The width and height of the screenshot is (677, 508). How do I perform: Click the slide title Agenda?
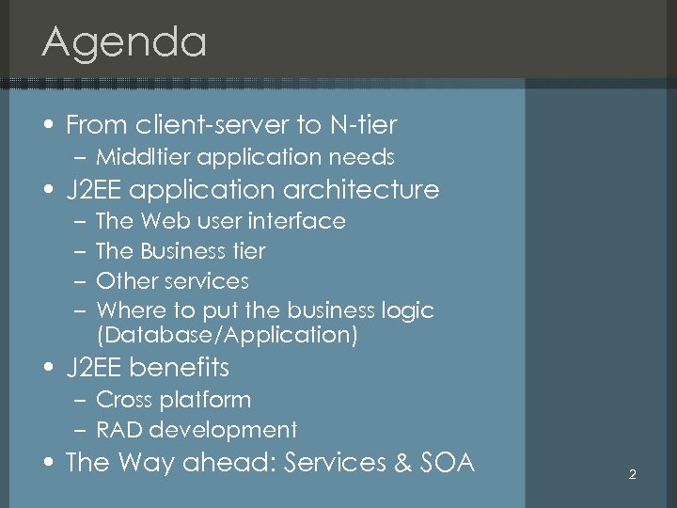pos(124,43)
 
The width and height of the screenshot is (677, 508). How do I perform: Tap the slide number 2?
pos(632,475)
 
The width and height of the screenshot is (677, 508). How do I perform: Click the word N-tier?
pos(363,124)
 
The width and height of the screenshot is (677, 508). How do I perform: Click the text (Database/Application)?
pos(227,334)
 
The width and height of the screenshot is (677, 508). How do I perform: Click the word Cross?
pos(125,400)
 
